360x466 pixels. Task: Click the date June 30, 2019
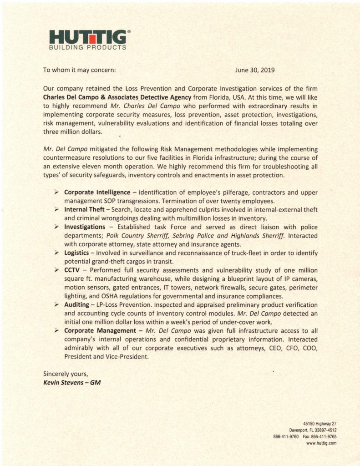[255, 70]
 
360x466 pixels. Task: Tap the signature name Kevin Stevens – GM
[71, 382]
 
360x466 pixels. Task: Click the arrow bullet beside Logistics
[56, 252]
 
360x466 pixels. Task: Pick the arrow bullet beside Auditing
[56, 304]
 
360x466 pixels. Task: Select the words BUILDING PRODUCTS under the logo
[88, 47]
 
